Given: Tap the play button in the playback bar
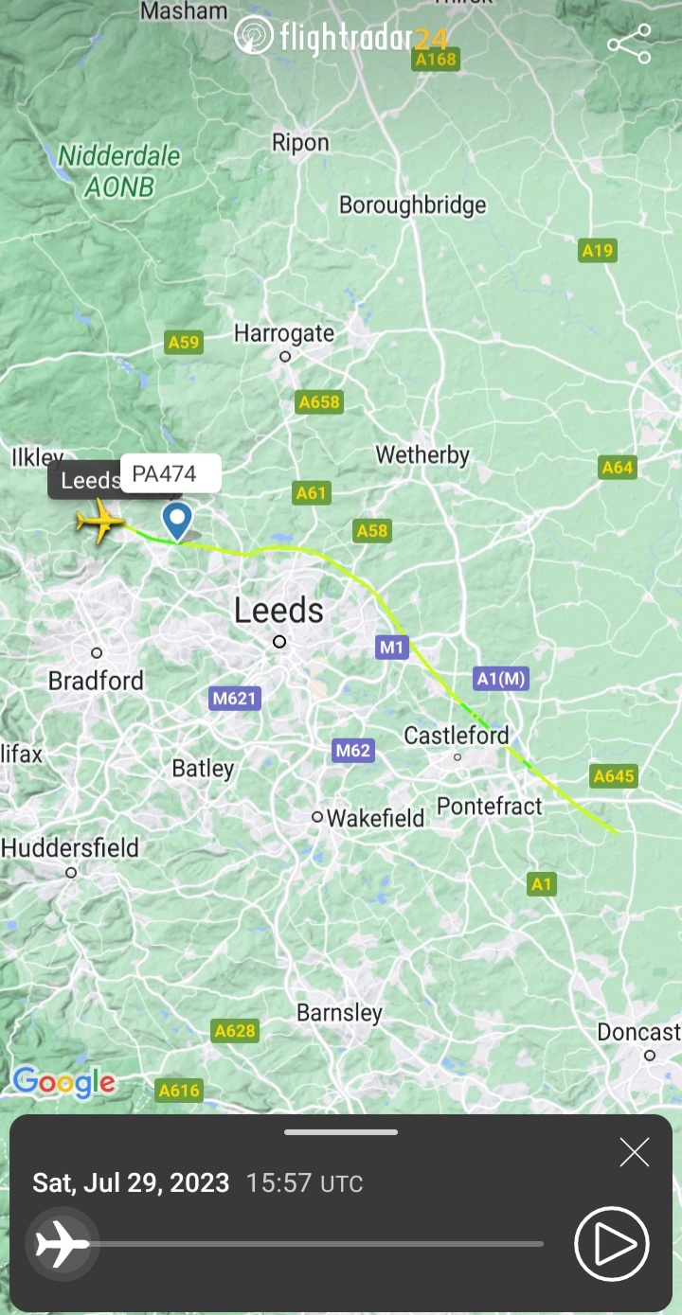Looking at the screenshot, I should (612, 1244).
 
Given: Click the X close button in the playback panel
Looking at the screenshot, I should (634, 1152).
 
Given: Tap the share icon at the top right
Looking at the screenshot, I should (629, 44).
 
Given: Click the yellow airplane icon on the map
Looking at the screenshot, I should (99, 521).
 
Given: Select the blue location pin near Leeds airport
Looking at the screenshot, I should (177, 520).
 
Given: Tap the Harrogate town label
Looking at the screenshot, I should (284, 333).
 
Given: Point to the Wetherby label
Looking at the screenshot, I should (422, 455).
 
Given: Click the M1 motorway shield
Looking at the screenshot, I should (391, 648).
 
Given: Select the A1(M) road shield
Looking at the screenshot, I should (500, 678).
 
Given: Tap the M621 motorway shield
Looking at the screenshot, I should (234, 699).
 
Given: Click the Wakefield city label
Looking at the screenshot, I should (375, 817).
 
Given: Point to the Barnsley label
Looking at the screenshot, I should (339, 1013).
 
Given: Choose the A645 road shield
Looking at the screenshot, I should (614, 776).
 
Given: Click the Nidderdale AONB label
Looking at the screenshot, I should (119, 170).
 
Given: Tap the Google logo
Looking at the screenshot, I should (63, 1082).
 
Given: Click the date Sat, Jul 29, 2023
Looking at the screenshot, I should (131, 1183).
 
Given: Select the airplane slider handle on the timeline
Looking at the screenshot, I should (62, 1244).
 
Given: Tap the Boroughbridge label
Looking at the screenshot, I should (412, 204).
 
